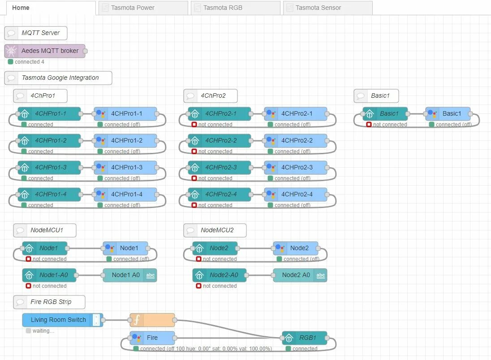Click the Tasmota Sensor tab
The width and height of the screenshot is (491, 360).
(x=327, y=8)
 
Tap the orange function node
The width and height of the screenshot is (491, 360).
(x=152, y=320)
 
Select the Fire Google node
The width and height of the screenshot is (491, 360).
(x=152, y=338)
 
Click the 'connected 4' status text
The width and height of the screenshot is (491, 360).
(x=29, y=62)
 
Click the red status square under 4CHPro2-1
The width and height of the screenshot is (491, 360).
(x=194, y=125)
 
